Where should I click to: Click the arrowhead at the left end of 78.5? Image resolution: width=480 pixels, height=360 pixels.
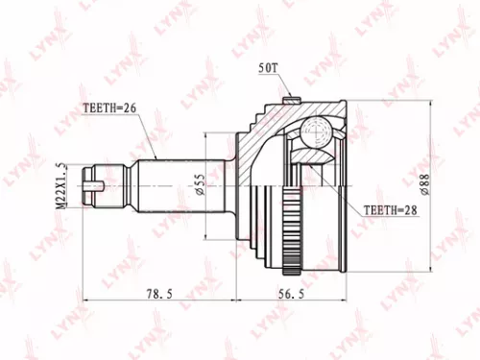click(88, 301)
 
